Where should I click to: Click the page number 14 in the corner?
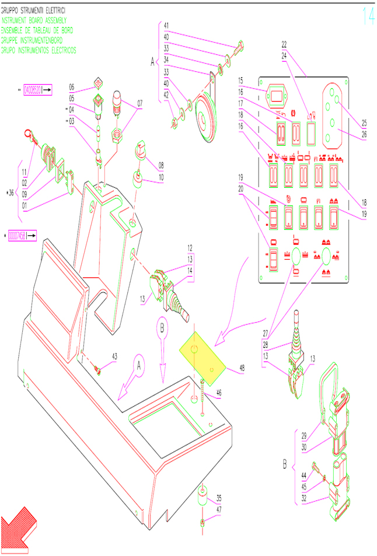(368, 16)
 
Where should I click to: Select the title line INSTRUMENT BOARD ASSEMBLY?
(37, 20)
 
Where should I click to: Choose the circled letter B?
(163, 327)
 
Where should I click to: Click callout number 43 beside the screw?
(114, 356)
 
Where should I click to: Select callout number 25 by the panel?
(365, 123)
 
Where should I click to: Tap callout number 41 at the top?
(166, 26)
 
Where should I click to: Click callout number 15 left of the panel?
(240, 79)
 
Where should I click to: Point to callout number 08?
(160, 165)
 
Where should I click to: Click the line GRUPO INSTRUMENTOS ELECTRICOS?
(39, 50)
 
